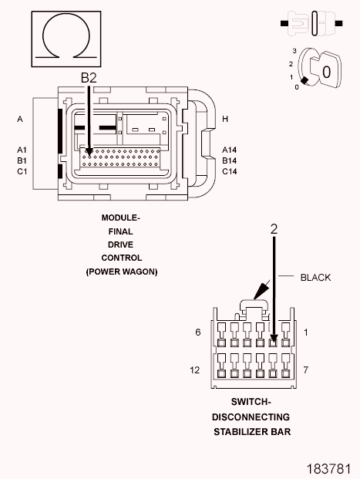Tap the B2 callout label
coord(89,78)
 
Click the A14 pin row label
coord(229,150)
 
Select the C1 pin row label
coord(22,172)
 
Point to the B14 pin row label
coord(229,160)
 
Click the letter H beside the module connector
coord(225,119)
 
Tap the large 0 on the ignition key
coord(326,72)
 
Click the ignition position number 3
coord(294,51)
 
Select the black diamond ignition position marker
coord(304,81)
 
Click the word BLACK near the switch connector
coord(315,278)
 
